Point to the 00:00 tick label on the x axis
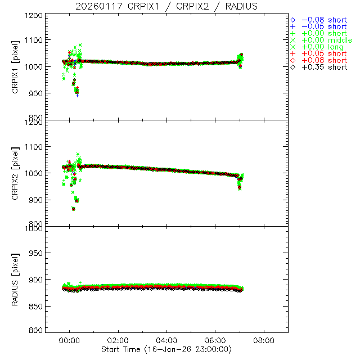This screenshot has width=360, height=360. [x=69, y=340]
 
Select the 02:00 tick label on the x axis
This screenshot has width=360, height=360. [x=118, y=340]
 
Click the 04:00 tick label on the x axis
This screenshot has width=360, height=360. [x=166, y=340]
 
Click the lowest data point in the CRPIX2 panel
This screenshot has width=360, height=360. [x=73, y=209]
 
